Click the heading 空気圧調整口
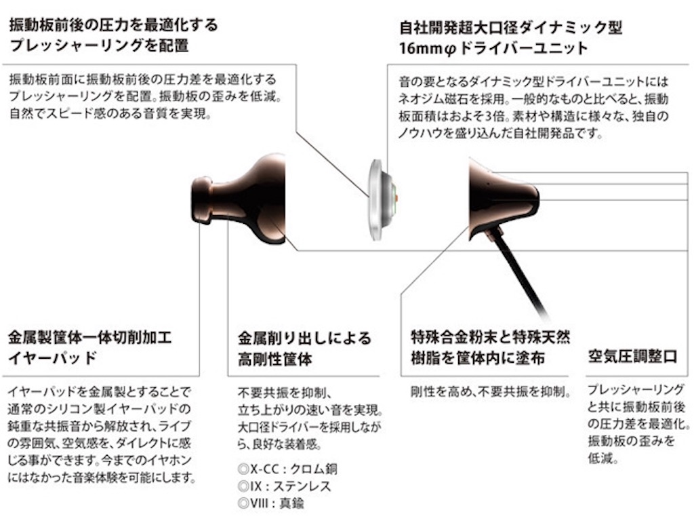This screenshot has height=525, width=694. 632,357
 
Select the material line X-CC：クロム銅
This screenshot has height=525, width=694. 287,469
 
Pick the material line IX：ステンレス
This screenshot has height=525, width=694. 284,486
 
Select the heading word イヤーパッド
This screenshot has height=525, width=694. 52,358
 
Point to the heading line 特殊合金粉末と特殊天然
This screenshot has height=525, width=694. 491,336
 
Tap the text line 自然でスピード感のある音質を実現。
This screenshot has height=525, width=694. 110,113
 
